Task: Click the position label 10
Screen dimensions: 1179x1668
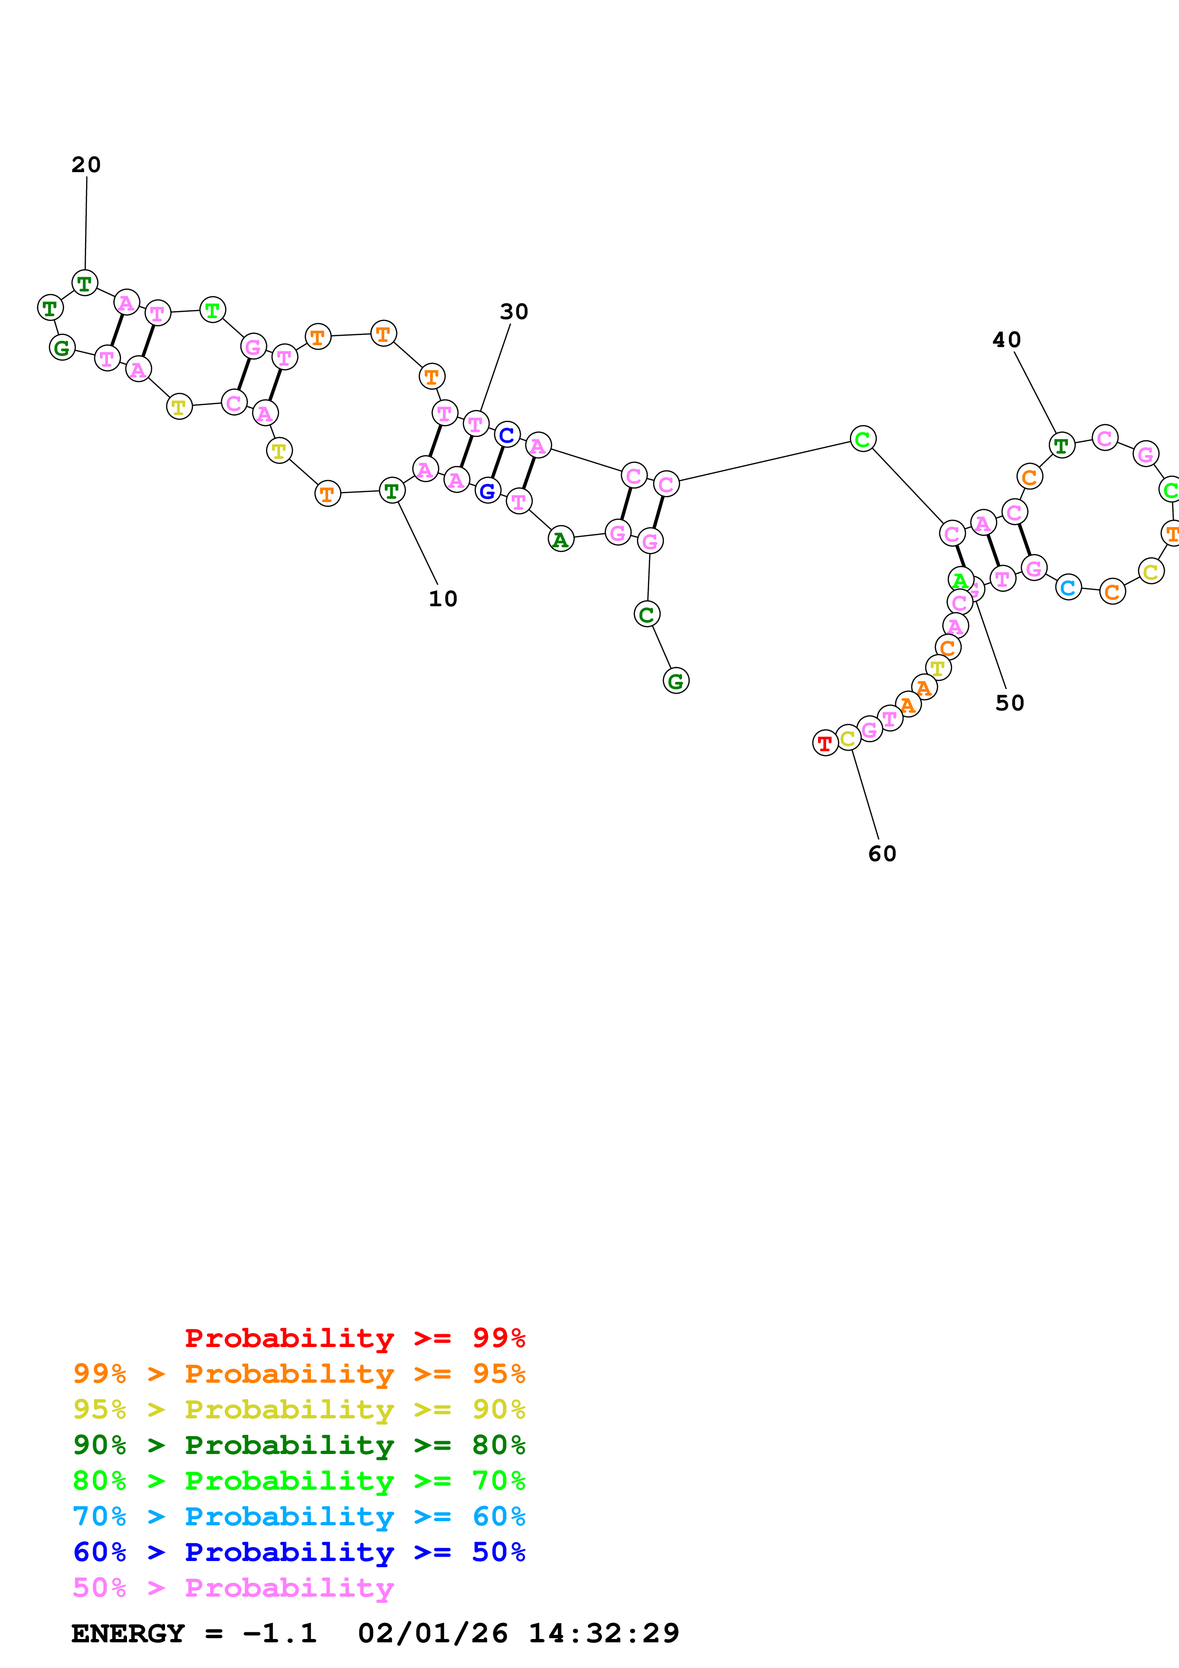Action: [x=442, y=599]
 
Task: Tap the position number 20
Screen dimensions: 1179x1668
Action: [x=86, y=165]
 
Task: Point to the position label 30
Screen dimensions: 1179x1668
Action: [x=514, y=311]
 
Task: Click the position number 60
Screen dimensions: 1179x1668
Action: [x=882, y=853]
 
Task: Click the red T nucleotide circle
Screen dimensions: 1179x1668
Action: [x=825, y=743]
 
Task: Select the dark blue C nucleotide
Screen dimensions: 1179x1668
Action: [x=507, y=435]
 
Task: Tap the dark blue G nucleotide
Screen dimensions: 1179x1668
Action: [x=488, y=492]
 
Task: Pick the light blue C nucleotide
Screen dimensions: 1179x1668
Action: [x=1068, y=587]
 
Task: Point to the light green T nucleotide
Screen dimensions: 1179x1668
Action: [x=212, y=310]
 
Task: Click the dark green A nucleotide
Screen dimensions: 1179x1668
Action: [x=560, y=539]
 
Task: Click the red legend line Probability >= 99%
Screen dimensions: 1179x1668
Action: [x=354, y=1338]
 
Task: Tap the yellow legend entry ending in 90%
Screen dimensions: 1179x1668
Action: [x=299, y=1409]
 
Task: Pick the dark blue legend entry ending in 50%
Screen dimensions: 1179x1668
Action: [x=299, y=1552]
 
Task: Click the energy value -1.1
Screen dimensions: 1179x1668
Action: [x=280, y=1633]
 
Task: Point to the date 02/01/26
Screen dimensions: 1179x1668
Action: [x=432, y=1633]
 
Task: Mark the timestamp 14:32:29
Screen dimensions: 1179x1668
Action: [x=603, y=1633]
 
